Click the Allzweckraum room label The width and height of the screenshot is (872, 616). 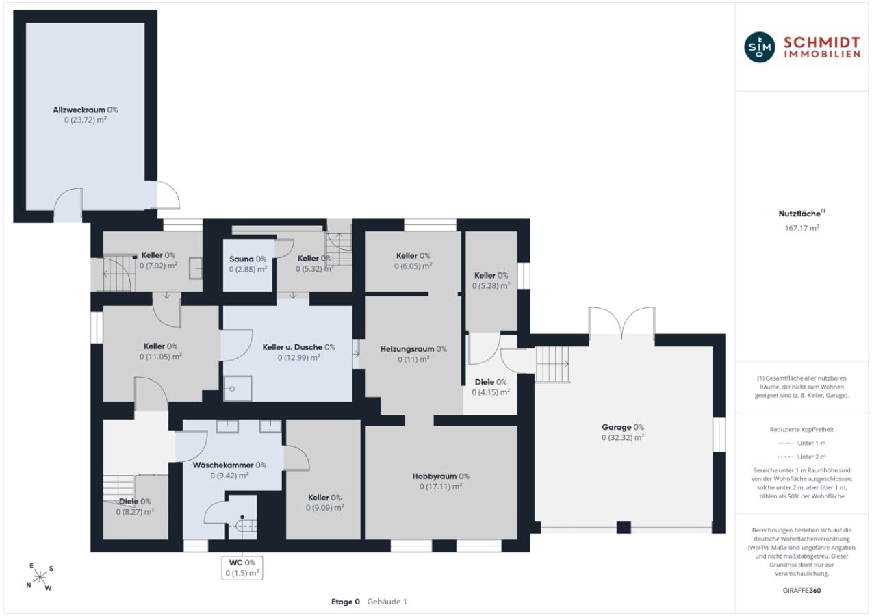pos(86,110)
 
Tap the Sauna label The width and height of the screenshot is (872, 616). pos(248,259)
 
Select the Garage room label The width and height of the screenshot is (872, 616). pos(623,427)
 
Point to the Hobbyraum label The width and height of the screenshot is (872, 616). pos(441,476)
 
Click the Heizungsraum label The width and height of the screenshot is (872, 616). pos(413,349)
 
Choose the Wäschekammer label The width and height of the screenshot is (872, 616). pos(229,465)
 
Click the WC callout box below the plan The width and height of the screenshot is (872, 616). pos(242,568)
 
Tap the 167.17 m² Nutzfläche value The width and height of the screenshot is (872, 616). pos(802,228)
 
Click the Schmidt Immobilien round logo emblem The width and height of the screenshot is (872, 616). pos(760,47)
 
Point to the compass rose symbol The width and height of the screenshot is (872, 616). pos(40,577)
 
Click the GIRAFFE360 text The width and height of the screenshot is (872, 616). pos(802,590)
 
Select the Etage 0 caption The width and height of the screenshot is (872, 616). pos(345,602)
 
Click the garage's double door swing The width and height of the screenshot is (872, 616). pos(621,322)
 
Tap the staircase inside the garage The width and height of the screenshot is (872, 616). pos(552,364)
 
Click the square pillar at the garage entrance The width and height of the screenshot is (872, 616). pos(624,527)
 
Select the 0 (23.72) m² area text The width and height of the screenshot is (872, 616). pos(86,120)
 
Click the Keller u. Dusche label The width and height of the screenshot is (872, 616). pos(298,347)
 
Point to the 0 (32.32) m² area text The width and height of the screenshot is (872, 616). pos(623,437)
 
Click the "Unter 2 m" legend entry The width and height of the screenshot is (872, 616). pos(802,457)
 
